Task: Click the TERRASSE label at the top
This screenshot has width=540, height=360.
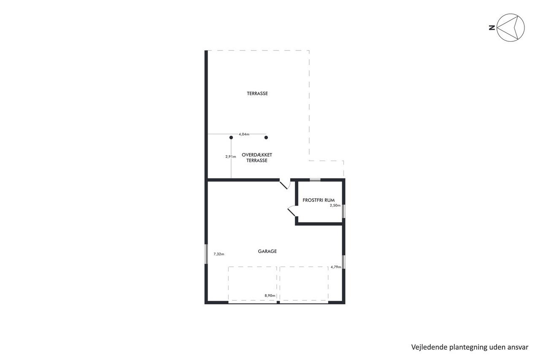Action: point(257,94)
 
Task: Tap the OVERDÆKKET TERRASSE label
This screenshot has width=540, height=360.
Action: point(257,158)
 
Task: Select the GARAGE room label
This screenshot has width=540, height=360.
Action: point(267,251)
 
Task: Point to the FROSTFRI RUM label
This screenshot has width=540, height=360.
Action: point(319,200)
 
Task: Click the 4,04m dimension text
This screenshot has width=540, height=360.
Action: point(244,134)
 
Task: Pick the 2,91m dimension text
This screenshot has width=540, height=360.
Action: point(231,157)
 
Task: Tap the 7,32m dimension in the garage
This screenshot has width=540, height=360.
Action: point(219,254)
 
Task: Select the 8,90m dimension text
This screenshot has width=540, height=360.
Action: point(270,296)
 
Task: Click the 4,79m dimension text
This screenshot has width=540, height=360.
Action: point(336,267)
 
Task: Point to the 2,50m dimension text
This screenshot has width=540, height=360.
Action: point(335,206)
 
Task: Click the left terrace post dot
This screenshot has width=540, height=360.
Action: point(231,137)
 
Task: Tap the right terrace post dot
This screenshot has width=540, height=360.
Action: point(266,137)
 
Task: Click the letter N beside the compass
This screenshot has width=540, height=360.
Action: point(492,28)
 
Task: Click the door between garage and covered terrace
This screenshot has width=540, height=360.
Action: point(285,184)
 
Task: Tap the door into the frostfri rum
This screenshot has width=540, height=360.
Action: point(292,211)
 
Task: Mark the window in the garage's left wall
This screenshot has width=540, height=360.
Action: point(206,254)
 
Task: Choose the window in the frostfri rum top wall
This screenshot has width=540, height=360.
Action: point(315,180)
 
